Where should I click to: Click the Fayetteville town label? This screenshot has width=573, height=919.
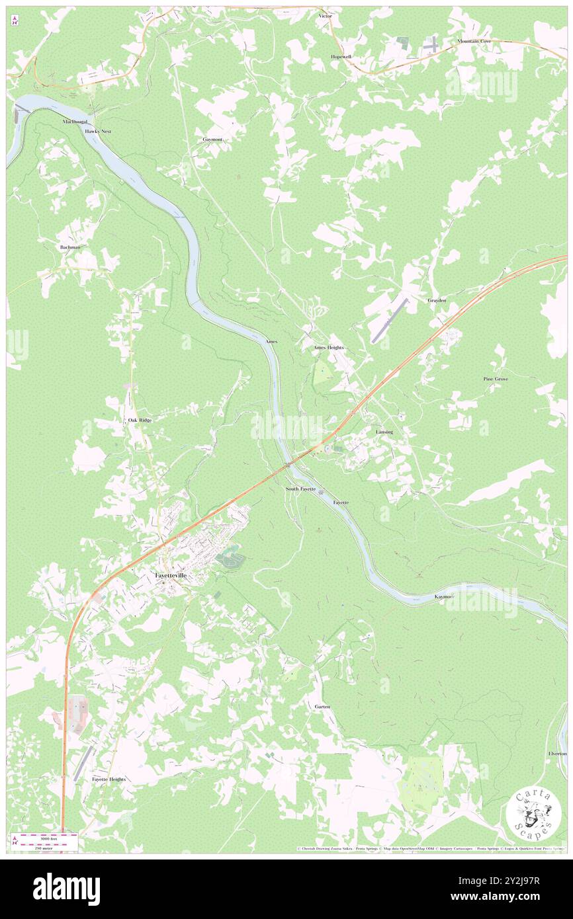[171, 576]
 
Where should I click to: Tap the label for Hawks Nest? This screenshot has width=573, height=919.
[98, 132]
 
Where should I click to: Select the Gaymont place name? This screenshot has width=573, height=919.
[212, 140]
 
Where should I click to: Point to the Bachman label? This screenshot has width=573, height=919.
[69, 247]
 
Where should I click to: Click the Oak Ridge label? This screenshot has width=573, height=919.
[140, 420]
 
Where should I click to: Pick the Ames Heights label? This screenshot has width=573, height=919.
[328, 347]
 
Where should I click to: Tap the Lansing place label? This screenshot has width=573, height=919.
[384, 432]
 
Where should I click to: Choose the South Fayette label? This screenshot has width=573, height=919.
[300, 489]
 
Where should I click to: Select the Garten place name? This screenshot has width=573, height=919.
[322, 707]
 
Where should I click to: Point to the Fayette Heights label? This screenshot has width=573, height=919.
[109, 779]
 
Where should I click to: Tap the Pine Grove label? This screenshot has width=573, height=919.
[495, 380]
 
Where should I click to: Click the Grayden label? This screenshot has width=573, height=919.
[437, 300]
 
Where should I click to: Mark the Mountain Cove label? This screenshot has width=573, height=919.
[474, 41]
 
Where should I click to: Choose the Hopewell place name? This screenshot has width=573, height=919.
[341, 57]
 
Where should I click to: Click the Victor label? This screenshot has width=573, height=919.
[325, 15]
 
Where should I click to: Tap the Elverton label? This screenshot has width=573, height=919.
[557, 754]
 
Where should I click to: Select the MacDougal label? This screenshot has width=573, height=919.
[75, 122]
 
